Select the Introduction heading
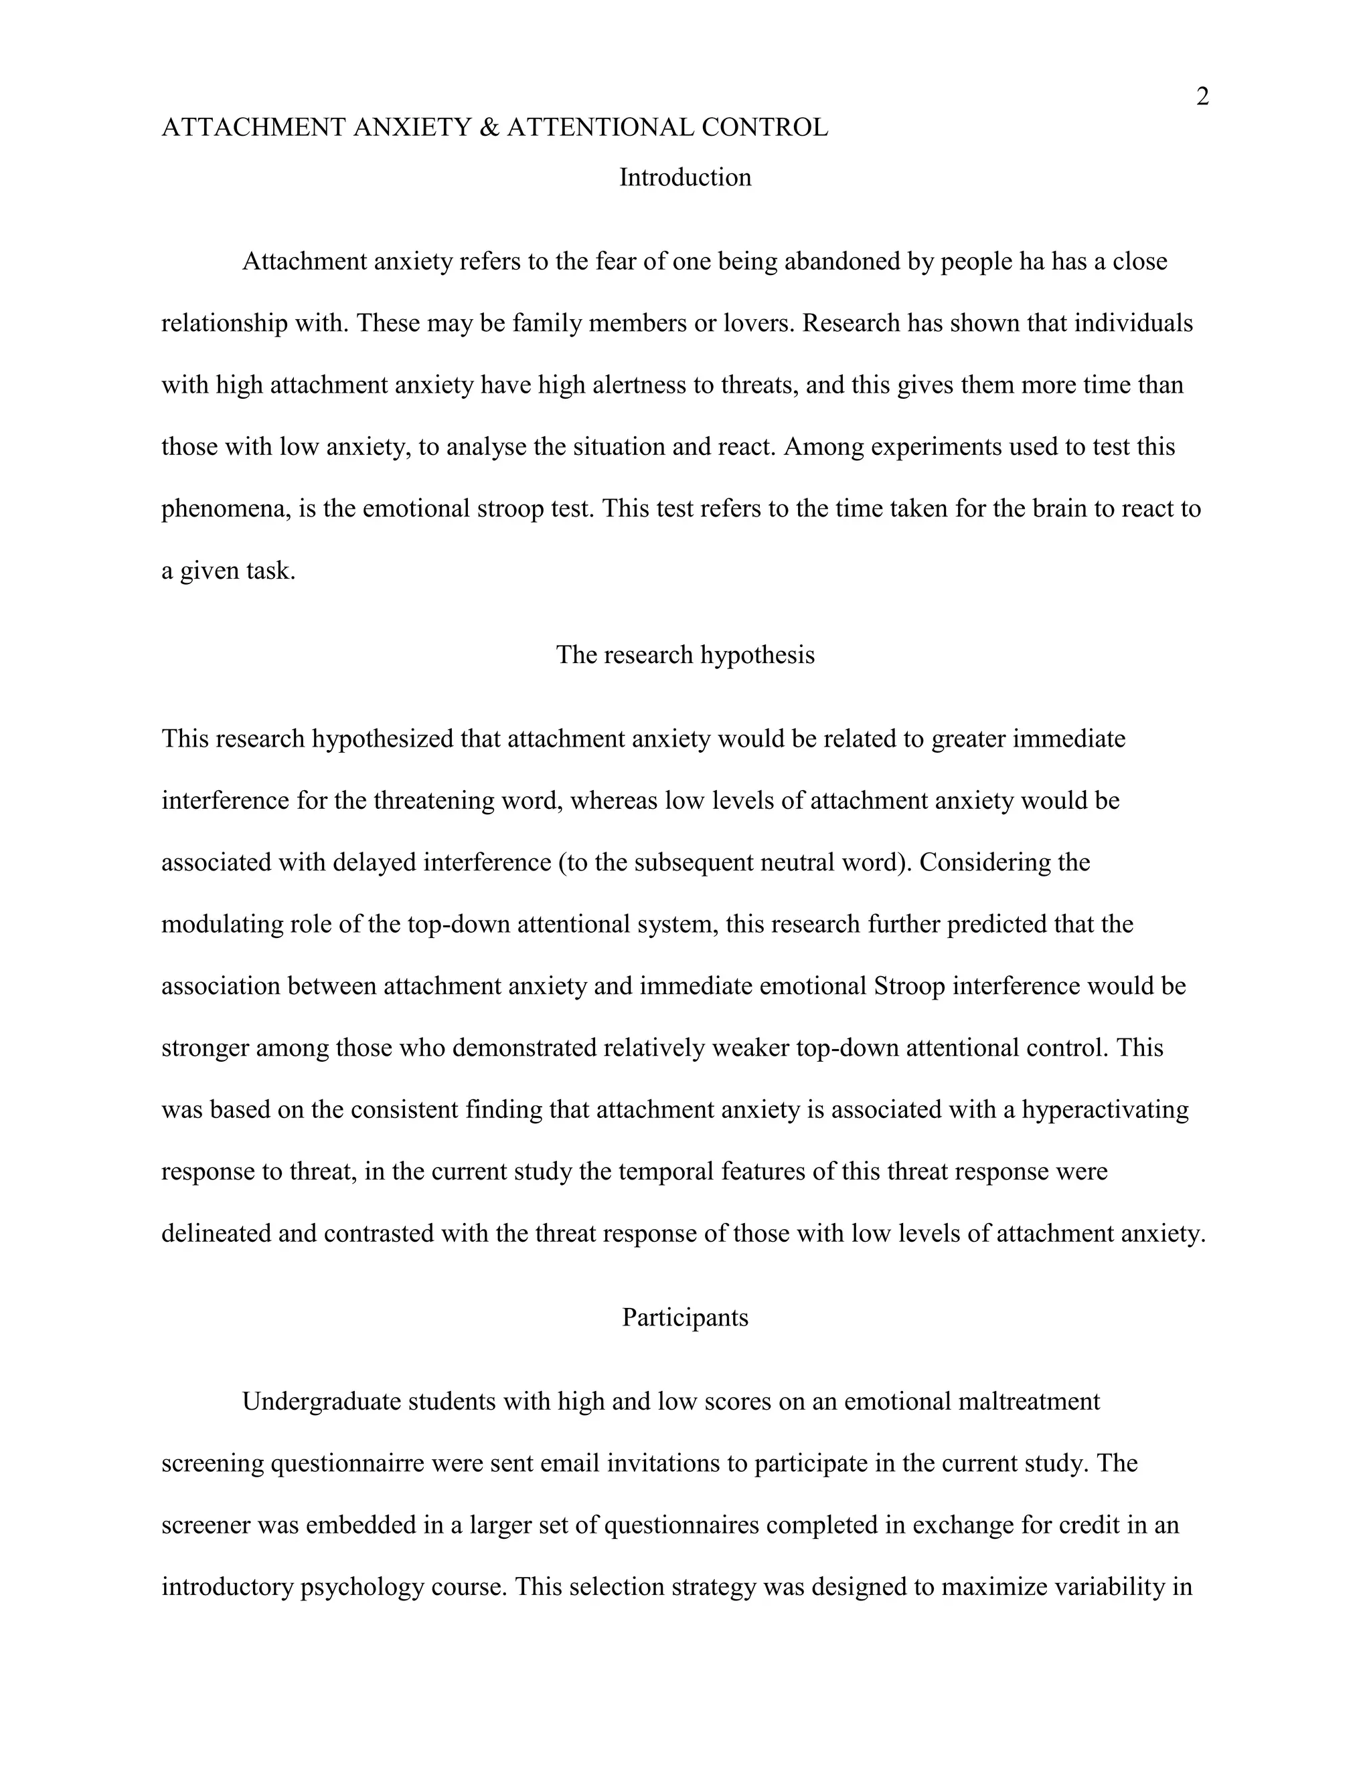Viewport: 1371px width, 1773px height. point(685,178)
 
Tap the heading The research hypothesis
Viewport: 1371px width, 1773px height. point(685,655)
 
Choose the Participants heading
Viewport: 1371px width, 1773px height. point(685,1317)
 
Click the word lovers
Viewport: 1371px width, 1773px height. point(756,323)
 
